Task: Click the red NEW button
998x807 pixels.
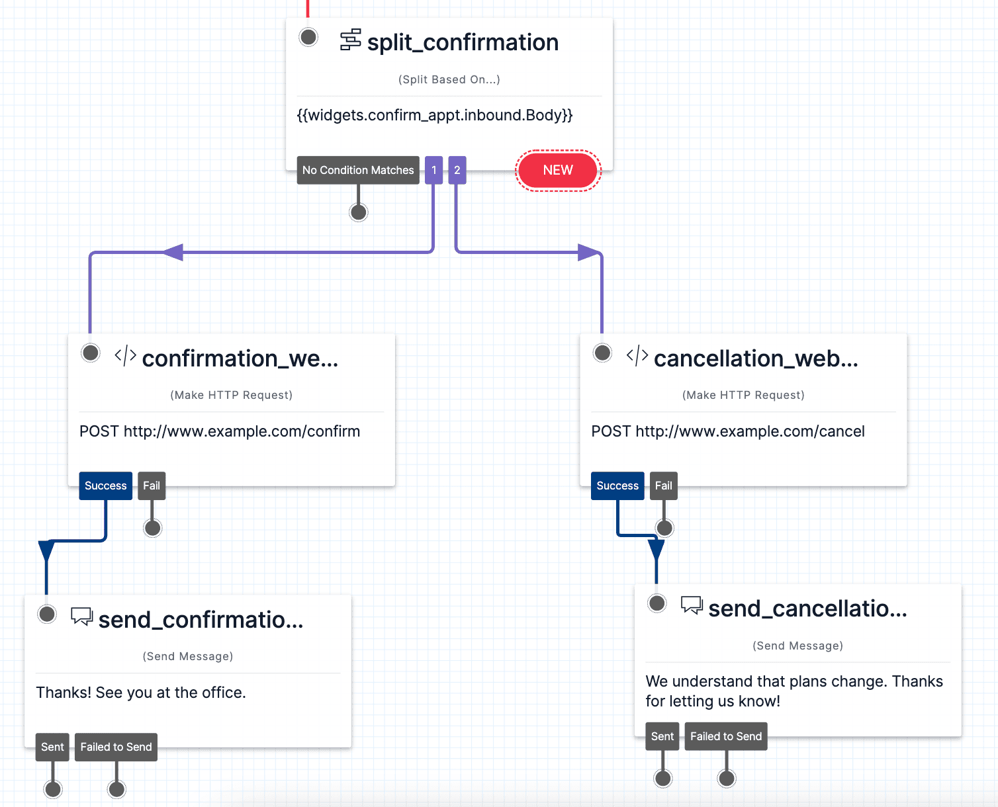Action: (558, 170)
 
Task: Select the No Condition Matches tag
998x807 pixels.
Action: (358, 170)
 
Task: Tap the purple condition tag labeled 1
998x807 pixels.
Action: (434, 170)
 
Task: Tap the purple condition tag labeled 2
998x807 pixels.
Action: (457, 170)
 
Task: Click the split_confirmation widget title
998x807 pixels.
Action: (463, 42)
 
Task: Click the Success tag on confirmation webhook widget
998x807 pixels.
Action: (105, 486)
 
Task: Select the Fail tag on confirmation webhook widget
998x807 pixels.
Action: (152, 486)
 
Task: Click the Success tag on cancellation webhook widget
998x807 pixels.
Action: (617, 486)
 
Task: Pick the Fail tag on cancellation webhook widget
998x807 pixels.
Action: (663, 486)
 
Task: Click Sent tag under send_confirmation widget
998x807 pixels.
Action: (52, 747)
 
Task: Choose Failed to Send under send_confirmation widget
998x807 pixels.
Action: (116, 747)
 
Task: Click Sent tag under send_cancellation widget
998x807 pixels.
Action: (662, 736)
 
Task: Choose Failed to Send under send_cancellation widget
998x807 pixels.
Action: (725, 736)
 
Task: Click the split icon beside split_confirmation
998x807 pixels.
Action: (350, 40)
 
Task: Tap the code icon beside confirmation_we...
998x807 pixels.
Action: (125, 356)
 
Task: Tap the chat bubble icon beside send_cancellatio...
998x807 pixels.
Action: (692, 605)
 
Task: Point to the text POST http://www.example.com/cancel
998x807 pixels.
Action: (727, 431)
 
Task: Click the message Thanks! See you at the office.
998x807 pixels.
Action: (141, 693)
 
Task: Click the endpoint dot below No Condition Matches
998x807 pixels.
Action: (359, 212)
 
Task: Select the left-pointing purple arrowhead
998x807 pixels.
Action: (173, 252)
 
